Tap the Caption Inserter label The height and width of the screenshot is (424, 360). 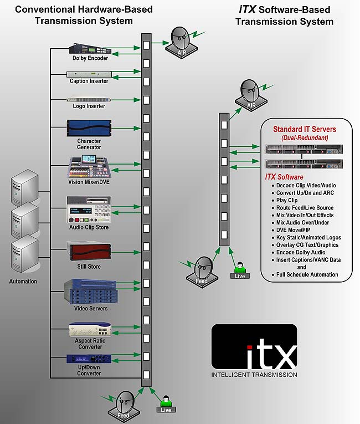pyautogui.click(x=89, y=81)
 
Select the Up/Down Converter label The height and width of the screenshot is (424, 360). pyautogui.click(x=89, y=374)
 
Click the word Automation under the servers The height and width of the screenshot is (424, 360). pyautogui.click(x=23, y=282)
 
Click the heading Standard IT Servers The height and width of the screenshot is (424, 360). pyautogui.click(x=305, y=130)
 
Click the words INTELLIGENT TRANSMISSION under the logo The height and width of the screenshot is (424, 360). pyautogui.click(x=254, y=375)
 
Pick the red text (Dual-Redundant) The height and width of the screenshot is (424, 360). pyautogui.click(x=305, y=137)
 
